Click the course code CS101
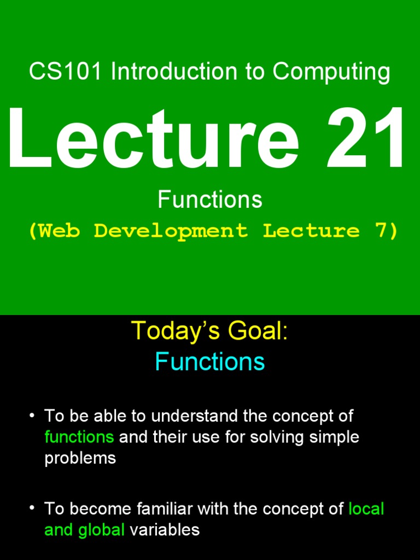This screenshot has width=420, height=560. coord(65,72)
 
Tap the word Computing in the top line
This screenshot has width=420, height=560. coord(331,72)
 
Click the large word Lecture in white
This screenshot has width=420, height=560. coord(153,139)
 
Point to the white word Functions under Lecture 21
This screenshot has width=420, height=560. coord(210,200)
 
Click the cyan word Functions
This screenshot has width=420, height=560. coord(210,362)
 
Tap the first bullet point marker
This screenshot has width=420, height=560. coord(32,416)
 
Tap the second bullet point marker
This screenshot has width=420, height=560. coord(32,509)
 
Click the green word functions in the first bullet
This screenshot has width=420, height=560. coord(79,437)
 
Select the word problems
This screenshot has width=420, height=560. coord(80,458)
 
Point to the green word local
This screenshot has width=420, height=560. coord(366,509)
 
